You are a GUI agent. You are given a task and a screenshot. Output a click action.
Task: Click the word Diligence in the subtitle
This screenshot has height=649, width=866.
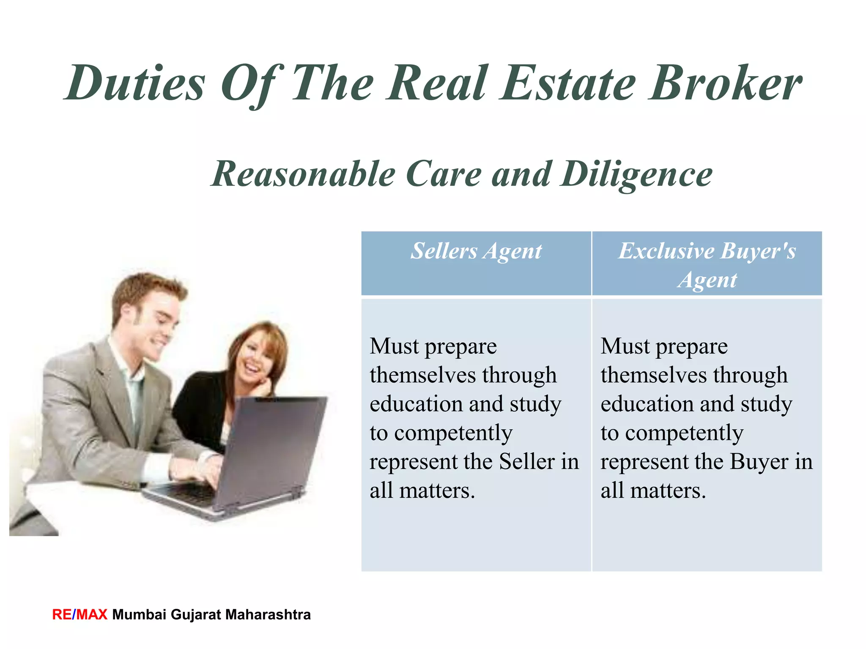[x=636, y=175]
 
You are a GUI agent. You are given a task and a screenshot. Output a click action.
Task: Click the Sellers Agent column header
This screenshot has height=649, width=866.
[x=476, y=251]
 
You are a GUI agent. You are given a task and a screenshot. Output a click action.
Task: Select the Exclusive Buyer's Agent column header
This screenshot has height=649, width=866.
[x=707, y=265]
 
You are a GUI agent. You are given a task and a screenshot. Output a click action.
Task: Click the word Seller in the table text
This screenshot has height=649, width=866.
[x=527, y=461]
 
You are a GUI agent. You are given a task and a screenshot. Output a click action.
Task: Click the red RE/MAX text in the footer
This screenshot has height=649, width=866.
[x=79, y=614]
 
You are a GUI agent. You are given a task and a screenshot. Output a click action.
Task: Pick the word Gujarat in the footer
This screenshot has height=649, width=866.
[x=195, y=614]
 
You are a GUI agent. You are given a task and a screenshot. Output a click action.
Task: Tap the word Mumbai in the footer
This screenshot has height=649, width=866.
[x=139, y=614]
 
